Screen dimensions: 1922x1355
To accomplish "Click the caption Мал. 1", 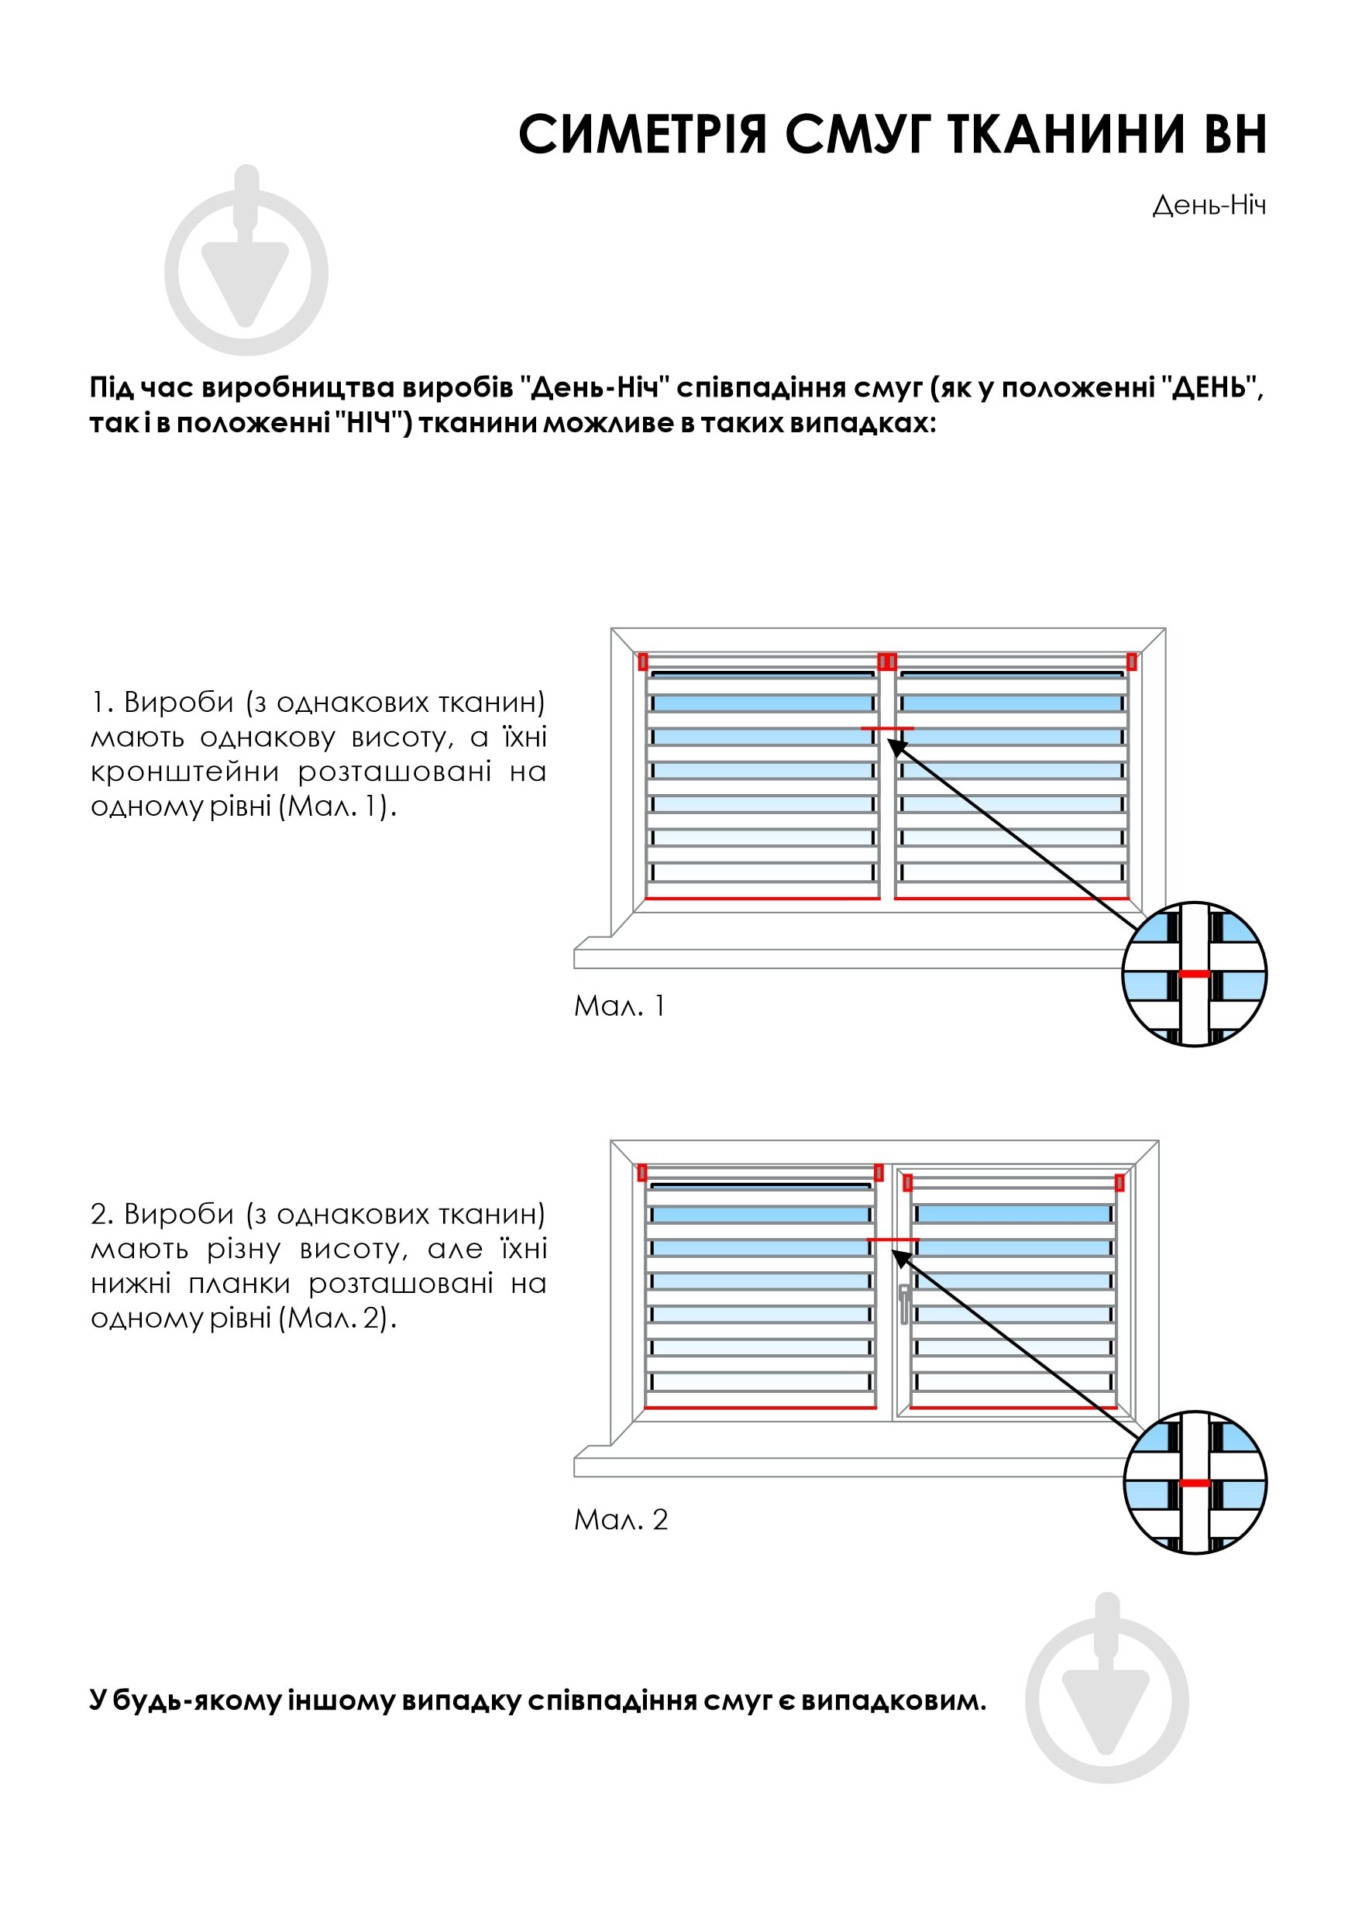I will point(619,1006).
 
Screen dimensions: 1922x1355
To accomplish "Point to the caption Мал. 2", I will point(621,1519).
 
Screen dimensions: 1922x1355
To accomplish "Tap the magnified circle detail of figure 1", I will point(1195,974).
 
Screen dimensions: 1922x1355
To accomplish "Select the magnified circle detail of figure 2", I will point(1195,1483).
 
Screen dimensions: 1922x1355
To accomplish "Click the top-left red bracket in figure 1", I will point(643,662).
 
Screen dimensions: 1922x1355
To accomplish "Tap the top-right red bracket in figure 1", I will point(1132,662).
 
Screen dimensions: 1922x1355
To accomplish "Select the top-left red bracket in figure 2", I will point(642,1173).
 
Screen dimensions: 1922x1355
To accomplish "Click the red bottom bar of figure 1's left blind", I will point(762,898).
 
